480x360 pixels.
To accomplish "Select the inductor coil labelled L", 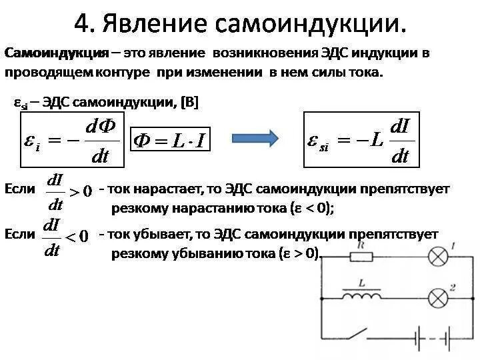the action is tap(361, 294).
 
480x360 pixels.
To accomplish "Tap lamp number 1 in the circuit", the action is tap(437, 257).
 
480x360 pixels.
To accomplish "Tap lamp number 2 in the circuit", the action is tap(437, 295).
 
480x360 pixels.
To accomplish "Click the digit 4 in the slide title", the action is tap(83, 24).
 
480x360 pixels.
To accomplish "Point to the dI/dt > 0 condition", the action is tap(67, 190).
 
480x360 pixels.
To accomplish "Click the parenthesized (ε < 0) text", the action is tap(311, 208).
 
